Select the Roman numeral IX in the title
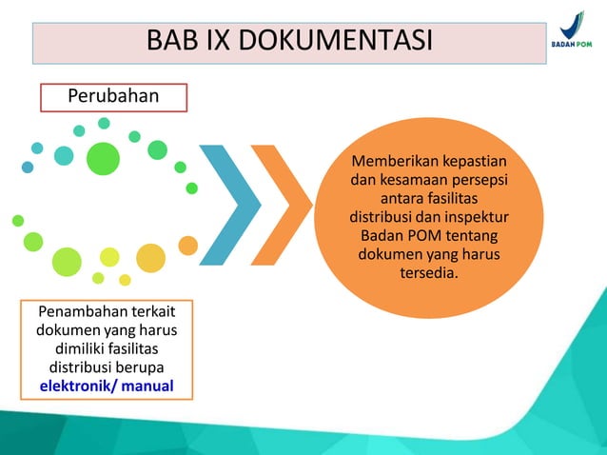[218, 43]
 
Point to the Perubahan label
[113, 97]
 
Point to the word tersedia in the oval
[428, 274]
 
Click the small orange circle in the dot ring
[188, 246]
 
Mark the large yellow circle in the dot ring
[150, 257]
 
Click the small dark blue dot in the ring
[28, 168]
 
